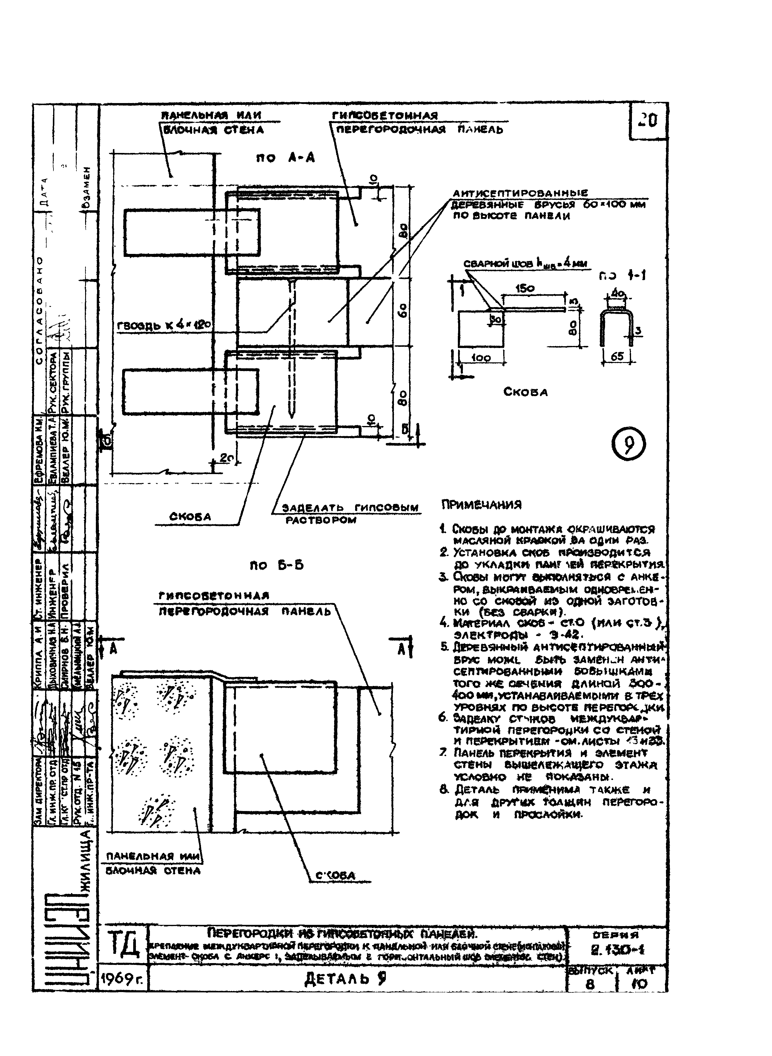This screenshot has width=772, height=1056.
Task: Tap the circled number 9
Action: point(629,445)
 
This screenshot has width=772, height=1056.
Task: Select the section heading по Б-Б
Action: point(277,565)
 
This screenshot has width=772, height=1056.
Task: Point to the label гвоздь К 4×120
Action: point(164,326)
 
